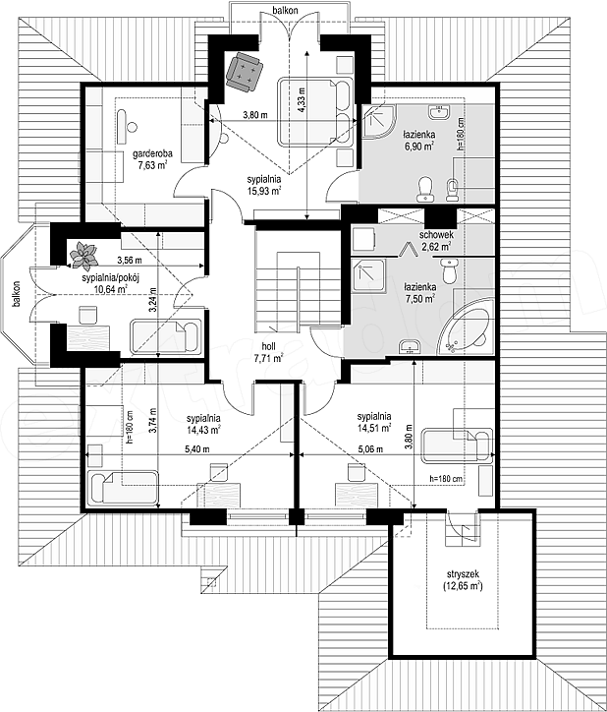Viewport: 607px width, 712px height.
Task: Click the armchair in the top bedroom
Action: [x=245, y=72]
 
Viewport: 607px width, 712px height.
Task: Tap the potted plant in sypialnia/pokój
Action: [x=83, y=256]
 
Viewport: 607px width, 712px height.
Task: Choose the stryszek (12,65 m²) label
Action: [x=463, y=581]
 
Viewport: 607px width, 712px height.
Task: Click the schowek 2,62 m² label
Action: [x=435, y=241]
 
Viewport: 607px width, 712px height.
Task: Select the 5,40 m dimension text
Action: [x=196, y=449]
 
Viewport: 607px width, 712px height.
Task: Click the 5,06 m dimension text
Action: [x=370, y=449]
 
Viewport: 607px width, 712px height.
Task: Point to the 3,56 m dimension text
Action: [x=130, y=261]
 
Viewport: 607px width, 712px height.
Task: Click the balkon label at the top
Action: [x=285, y=10]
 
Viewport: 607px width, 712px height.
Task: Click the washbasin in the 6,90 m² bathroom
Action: [x=438, y=112]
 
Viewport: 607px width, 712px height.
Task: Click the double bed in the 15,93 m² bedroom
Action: [x=315, y=112]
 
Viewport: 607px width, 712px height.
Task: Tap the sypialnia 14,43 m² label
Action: [x=203, y=423]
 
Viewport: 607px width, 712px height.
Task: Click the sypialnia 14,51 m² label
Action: [x=374, y=422]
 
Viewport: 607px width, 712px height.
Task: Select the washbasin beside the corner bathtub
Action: [x=411, y=347]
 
